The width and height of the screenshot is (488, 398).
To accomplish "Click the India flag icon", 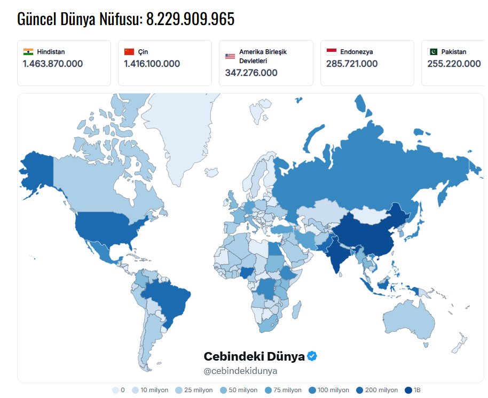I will (x=28, y=52).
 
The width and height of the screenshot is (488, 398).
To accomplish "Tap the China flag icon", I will (x=129, y=52).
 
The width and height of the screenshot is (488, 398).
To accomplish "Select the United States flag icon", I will (x=230, y=56).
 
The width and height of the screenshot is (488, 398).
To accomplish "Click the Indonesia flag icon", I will (x=331, y=52).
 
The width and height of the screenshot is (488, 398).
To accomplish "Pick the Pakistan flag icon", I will (x=433, y=52).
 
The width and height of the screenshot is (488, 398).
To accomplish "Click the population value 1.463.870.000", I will (x=52, y=64).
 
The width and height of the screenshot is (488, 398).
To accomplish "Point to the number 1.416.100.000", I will (x=152, y=64).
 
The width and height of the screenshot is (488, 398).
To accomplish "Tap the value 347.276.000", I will (x=251, y=73).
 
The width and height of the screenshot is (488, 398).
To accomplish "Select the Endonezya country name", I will (x=356, y=52).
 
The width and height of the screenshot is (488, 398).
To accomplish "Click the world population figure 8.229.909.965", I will (x=190, y=19).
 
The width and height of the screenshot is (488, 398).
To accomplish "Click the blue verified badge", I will (x=312, y=356).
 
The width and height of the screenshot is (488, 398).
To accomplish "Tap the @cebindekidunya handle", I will (x=240, y=371).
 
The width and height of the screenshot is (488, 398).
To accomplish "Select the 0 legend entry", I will (x=119, y=390).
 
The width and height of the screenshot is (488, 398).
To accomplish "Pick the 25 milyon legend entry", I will (x=193, y=390).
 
